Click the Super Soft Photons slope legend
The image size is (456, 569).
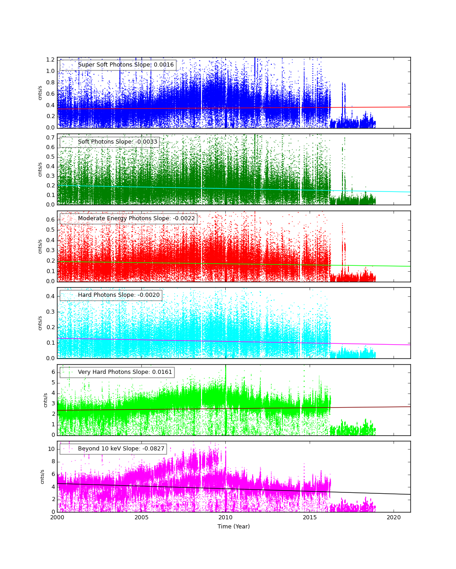[x=118, y=65]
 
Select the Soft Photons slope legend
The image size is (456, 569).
[x=110, y=142]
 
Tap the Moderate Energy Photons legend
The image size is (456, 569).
[x=129, y=219]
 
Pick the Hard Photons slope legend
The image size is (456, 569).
[x=111, y=295]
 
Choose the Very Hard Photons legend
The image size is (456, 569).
[x=117, y=372]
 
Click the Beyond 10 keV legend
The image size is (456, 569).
[x=114, y=449]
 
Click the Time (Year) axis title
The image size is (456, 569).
[x=233, y=527]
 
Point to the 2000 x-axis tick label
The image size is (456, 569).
[x=57, y=518]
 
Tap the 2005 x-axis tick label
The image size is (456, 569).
[x=141, y=518]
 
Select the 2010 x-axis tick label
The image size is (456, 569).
[x=225, y=518]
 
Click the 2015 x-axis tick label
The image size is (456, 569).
[x=310, y=518]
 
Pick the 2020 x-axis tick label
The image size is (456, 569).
[x=394, y=518]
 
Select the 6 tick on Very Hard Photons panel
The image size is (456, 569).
[x=53, y=372]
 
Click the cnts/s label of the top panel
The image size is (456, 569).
[x=40, y=93]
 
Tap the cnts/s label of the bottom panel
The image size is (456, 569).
[x=42, y=476]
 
